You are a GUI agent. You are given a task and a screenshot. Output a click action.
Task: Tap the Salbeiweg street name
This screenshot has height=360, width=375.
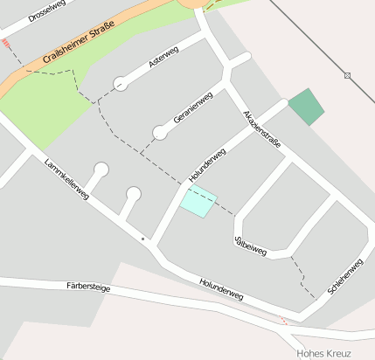(250, 244)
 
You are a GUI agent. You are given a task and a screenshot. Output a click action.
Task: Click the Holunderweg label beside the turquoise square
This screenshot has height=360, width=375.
(207, 165)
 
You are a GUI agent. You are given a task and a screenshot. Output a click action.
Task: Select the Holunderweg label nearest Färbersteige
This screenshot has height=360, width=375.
(220, 290)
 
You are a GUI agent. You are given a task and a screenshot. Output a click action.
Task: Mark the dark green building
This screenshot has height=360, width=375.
(306, 106)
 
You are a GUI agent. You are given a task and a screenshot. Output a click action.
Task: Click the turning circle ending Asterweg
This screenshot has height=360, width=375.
(120, 84)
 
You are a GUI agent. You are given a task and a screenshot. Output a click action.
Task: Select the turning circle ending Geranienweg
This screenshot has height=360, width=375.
(160, 133)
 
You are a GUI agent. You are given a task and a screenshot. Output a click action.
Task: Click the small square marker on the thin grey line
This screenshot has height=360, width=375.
(347, 76)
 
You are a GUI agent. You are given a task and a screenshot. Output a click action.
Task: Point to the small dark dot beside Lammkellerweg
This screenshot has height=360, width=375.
(142, 238)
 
